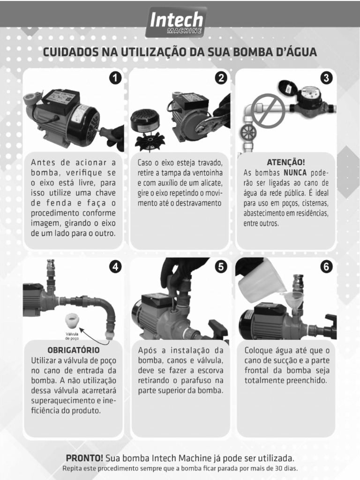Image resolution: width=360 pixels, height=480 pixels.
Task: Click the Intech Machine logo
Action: coord(176,22)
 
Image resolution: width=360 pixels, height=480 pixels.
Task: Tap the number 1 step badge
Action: coord(115,78)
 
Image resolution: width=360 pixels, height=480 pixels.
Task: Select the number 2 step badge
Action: coord(221,78)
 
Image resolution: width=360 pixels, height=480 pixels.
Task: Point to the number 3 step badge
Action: coord(326,78)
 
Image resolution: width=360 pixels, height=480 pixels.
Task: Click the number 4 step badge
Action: coord(115,267)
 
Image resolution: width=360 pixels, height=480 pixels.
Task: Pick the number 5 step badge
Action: coord(221,267)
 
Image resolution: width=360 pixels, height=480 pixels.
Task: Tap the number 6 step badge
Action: coord(326,267)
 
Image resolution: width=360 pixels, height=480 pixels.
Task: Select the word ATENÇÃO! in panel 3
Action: coord(285,162)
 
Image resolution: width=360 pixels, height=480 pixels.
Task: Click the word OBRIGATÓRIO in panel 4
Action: coord(74,350)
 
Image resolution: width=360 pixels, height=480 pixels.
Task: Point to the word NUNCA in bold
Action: coord(295,173)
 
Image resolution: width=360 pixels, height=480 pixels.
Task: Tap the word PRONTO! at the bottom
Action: coord(84,458)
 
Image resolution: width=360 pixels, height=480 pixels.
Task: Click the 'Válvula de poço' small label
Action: coord(72,336)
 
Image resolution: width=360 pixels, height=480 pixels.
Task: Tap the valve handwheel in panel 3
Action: coord(248,133)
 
